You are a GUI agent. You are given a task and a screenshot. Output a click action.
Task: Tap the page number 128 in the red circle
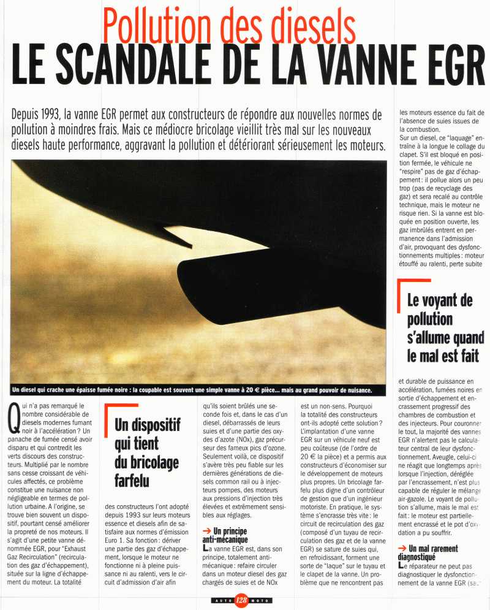coord(241,599)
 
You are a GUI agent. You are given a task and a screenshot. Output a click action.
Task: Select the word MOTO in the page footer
coord(260,599)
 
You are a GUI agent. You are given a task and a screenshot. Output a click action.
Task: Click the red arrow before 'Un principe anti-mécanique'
coord(207,530)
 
